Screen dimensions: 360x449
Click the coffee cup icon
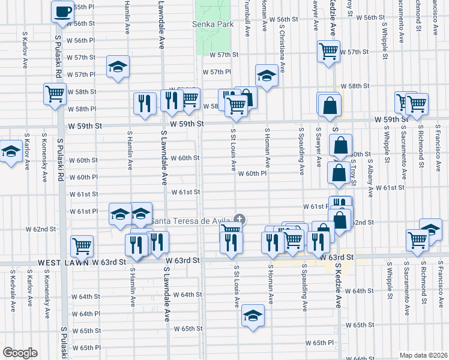[x=62, y=11]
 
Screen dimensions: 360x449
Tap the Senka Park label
[x=211, y=25]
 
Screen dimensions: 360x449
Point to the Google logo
[x=20, y=353]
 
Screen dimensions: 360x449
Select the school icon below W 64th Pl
[x=253, y=316]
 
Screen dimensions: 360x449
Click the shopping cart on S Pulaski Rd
[x=55, y=94]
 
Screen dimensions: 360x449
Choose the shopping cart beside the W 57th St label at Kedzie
[x=328, y=52]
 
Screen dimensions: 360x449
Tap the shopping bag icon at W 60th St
[x=340, y=145]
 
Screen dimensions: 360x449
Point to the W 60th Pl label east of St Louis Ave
[x=252, y=173]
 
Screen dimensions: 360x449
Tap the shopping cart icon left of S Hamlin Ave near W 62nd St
[x=82, y=245]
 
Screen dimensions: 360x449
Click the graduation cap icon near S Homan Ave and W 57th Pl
[x=267, y=76]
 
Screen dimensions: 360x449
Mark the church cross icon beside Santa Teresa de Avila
[x=240, y=218]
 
